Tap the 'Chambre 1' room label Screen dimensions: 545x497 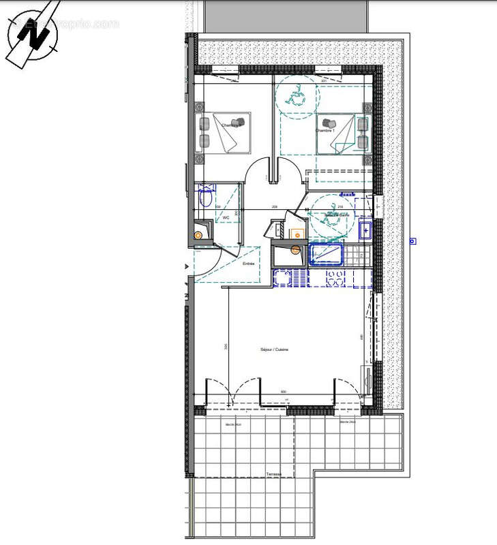[x=326, y=131]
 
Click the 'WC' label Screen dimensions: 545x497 [x=224, y=218]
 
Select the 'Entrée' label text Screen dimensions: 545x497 [x=248, y=263]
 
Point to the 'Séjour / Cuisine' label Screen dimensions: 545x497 [x=274, y=349]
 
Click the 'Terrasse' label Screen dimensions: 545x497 [x=274, y=473]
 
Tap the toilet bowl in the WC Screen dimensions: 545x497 [x=206, y=198]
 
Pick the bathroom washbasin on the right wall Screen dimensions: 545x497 [x=365, y=230]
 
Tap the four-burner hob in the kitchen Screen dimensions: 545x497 [x=335, y=278]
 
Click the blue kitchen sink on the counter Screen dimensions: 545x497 [x=290, y=278]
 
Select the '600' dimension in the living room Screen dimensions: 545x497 [x=284, y=392]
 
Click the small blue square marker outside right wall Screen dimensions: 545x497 [x=412, y=240]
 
